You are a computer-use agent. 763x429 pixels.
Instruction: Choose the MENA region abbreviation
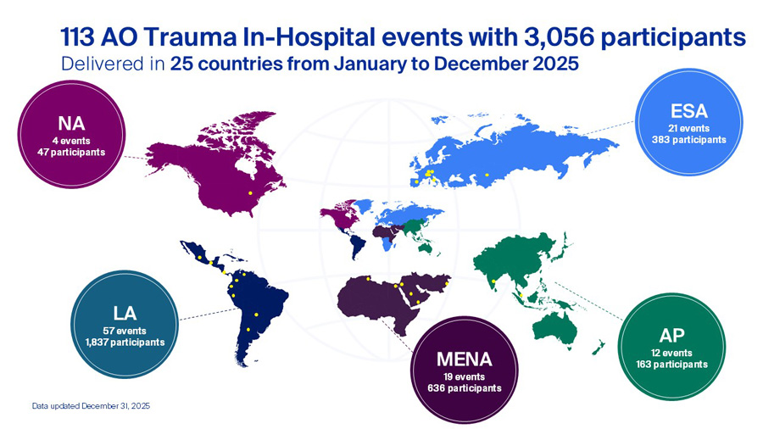point(464,358)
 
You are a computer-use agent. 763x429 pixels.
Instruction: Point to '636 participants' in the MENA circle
point(464,387)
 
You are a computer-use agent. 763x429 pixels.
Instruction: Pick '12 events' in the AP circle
point(672,352)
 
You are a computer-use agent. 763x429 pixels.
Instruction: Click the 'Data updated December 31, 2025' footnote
point(91,407)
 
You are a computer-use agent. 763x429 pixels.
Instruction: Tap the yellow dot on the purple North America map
point(250,193)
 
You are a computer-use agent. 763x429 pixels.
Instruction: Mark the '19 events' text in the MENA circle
point(464,376)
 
